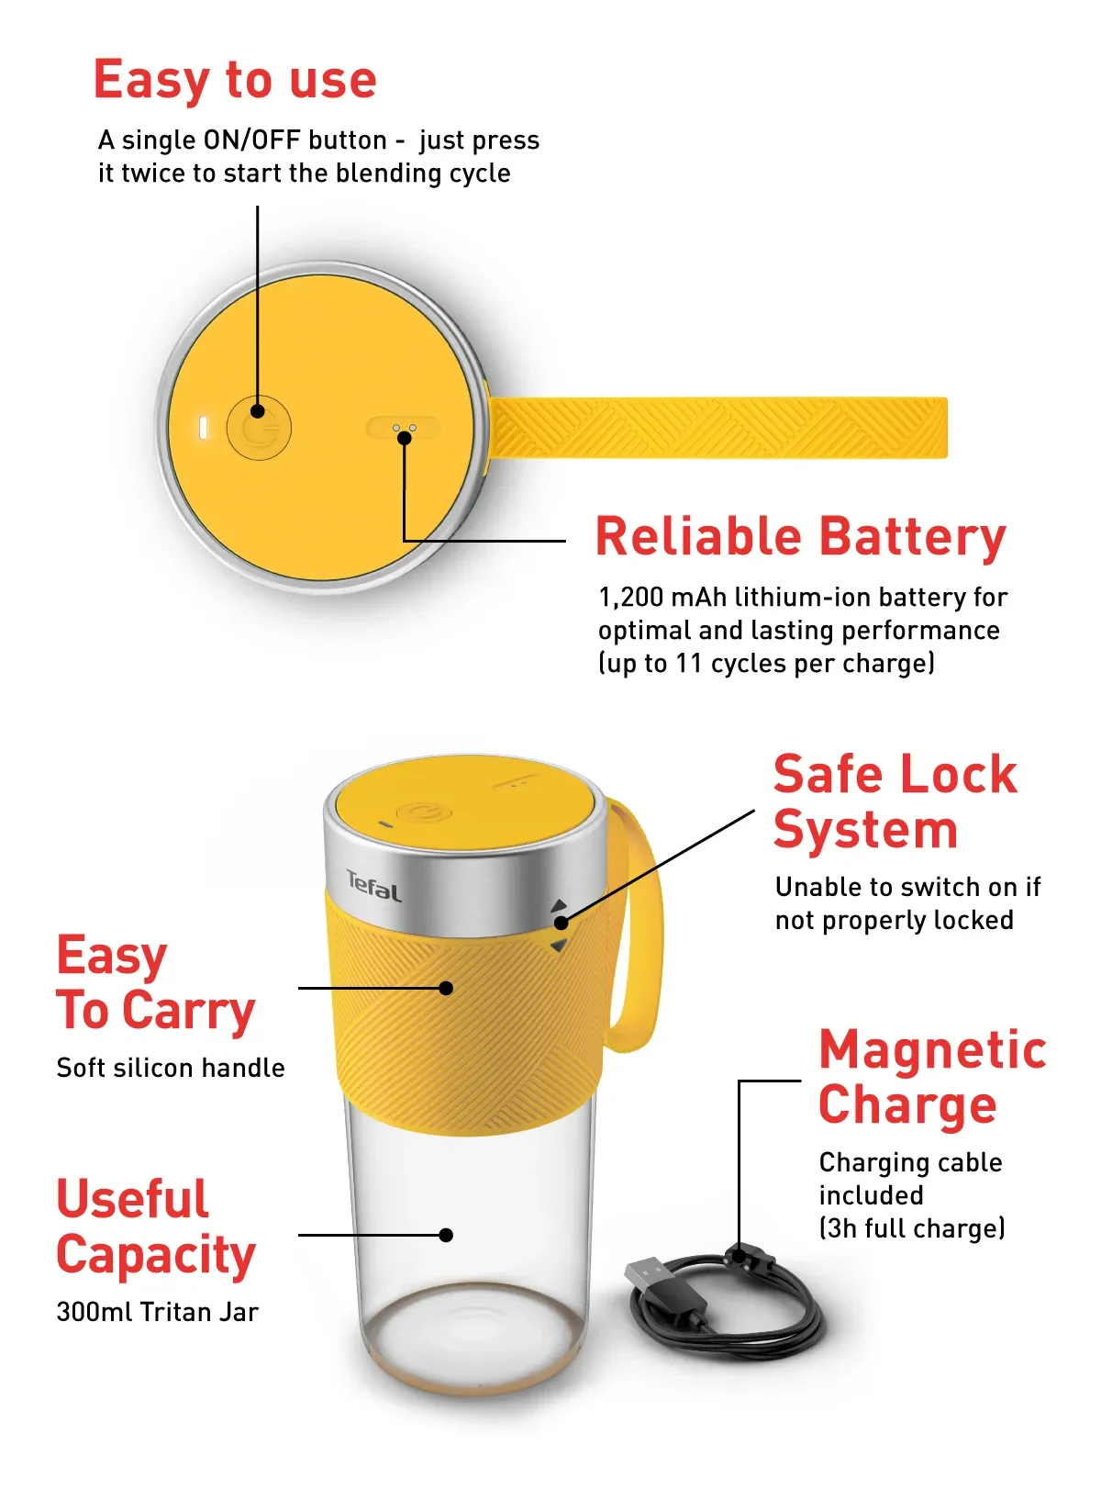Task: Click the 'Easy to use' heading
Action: pos(235,79)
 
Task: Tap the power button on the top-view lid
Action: pos(259,428)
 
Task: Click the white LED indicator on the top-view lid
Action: pos(204,428)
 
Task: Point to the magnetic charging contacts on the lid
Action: pos(404,429)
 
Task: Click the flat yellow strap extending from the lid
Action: pos(716,427)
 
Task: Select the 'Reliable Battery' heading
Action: pos(800,537)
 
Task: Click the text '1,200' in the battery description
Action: pos(630,598)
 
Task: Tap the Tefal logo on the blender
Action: pos(373,887)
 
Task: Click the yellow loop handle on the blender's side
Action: pos(642,927)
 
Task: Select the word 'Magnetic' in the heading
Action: pos(932,1049)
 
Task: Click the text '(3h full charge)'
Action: pos(911,1228)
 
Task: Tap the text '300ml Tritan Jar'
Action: pos(157,1312)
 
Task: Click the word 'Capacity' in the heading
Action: pos(155,1255)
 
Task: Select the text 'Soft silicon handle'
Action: pos(170,1068)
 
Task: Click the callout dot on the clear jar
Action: pos(446,1235)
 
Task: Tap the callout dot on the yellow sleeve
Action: pos(446,988)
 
